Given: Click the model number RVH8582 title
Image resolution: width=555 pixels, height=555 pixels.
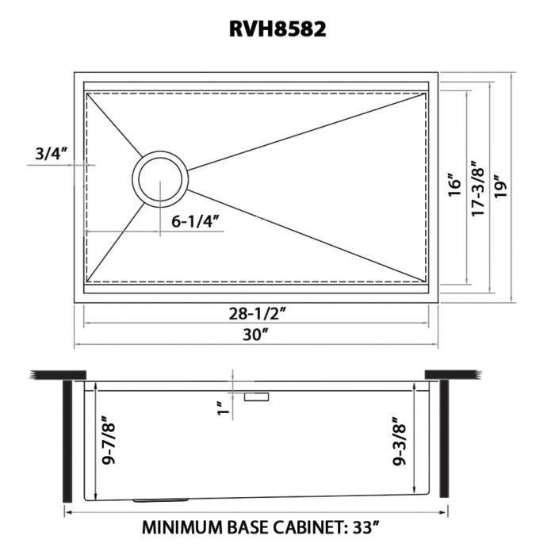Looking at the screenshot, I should point(277,29).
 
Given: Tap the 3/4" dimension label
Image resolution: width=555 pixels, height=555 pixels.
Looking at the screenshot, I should point(51,154).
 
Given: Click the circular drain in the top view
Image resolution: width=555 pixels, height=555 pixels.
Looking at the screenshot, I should point(160,177).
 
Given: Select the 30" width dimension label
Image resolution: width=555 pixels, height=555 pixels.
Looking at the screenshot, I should point(257,335).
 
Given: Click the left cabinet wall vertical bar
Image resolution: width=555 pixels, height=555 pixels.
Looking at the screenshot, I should point(67,440).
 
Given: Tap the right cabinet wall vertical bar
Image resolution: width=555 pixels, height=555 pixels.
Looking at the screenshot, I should point(444,440).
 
